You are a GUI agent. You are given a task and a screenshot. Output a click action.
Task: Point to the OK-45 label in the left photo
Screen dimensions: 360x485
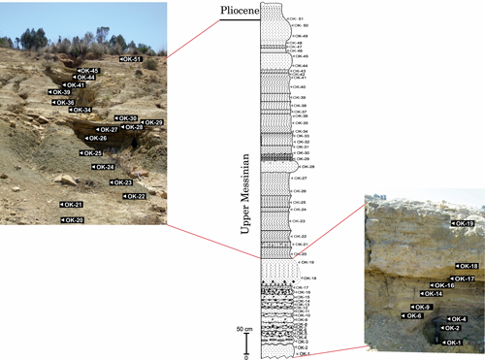coord(88,70)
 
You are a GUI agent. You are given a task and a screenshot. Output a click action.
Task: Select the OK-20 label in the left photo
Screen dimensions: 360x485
coord(73,220)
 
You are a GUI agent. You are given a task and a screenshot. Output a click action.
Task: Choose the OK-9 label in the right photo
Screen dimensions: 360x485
coord(421,307)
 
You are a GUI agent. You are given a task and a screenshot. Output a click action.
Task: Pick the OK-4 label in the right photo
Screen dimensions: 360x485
coord(455,319)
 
